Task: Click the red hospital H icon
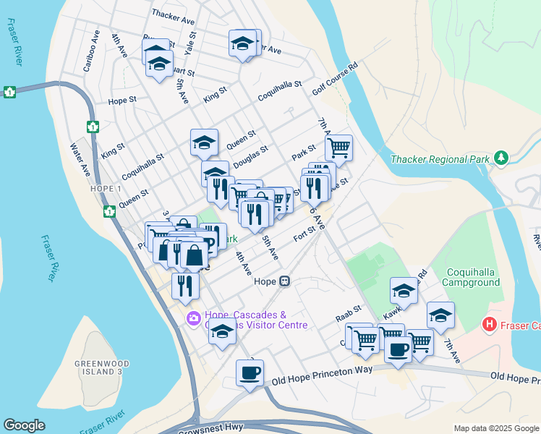click(490, 325)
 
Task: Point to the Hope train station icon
click(286, 281)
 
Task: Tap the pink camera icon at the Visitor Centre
click(194, 318)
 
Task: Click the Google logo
click(25, 425)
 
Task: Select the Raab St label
click(347, 316)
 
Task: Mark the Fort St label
click(302, 237)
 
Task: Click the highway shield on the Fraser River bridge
click(9, 92)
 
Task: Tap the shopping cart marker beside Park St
click(338, 148)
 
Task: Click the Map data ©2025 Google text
click(496, 428)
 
